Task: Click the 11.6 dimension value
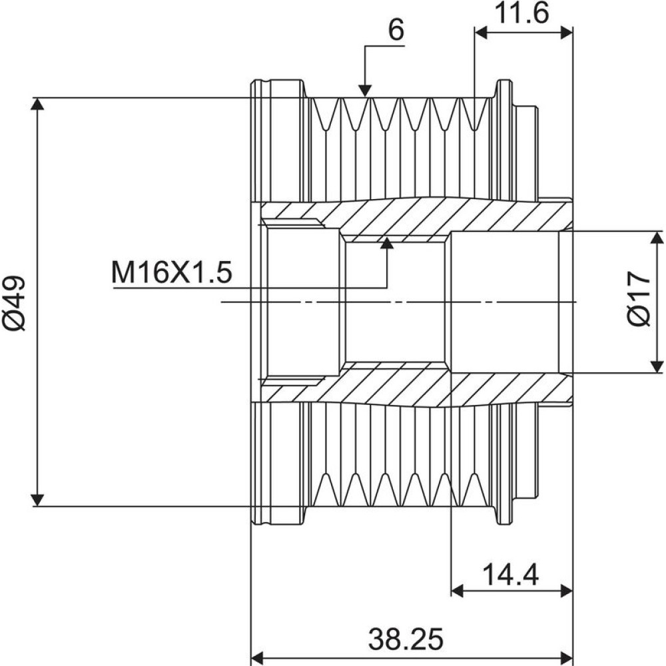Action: click(522, 13)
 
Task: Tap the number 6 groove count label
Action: click(396, 31)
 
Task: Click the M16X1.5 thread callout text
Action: click(172, 272)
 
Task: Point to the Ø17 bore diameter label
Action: click(639, 298)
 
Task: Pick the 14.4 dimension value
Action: click(510, 575)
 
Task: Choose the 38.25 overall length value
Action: click(406, 639)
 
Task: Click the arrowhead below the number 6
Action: click(365, 91)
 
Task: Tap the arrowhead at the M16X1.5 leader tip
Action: click(386, 242)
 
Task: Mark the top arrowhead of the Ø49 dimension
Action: click(38, 104)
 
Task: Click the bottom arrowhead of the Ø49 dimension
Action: click(38, 500)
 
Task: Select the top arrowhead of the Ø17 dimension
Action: click(657, 238)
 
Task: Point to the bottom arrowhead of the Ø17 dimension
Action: click(657, 366)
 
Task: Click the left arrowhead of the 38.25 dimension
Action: click(258, 655)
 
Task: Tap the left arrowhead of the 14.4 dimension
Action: click(457, 590)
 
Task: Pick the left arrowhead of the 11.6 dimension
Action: click(482, 33)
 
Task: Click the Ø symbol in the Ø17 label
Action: click(639, 316)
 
